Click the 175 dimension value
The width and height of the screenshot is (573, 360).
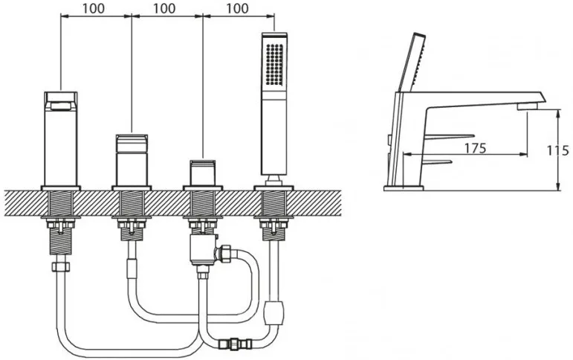tap(475, 148)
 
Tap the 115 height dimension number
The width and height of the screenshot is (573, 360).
tap(557, 150)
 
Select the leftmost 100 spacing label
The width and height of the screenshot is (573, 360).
tap(93, 8)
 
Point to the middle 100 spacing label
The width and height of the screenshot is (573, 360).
tap(164, 8)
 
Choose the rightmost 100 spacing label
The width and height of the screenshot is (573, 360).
tap(237, 8)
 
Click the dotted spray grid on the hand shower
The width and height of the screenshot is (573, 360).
tap(275, 65)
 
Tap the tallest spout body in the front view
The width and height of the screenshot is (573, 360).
tap(61, 138)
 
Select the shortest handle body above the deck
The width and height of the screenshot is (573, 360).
tap(202, 173)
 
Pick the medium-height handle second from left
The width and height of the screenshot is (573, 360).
tap(132, 160)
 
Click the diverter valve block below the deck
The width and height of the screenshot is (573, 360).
tap(203, 250)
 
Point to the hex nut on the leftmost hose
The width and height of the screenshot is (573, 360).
tap(61, 267)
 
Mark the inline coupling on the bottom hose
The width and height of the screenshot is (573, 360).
tap(235, 344)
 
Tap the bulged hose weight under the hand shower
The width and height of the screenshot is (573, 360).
tap(273, 313)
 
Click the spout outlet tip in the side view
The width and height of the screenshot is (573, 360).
tap(528, 106)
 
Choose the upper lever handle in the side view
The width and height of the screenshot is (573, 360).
tap(450, 136)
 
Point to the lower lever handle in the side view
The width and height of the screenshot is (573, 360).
tap(438, 161)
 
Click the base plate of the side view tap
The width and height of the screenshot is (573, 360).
tap(404, 188)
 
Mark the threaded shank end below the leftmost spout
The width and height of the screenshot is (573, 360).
tap(61, 242)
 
